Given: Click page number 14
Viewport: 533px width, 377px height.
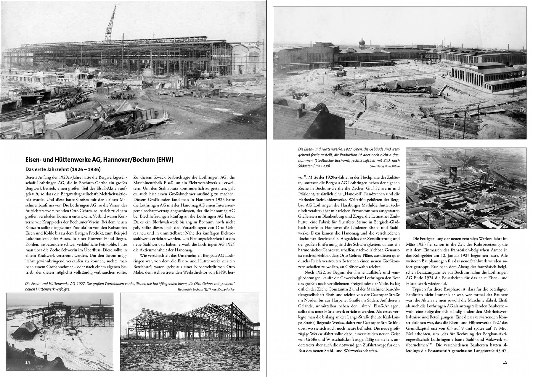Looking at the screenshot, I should pyautogui.click(x=28, y=362).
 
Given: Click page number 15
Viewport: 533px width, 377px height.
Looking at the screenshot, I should pyautogui.click(x=505, y=362).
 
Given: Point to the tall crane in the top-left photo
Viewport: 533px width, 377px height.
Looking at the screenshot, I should pyautogui.click(x=110, y=24).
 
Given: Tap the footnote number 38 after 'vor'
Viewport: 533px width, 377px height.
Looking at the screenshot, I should pyautogui.click(x=307, y=177).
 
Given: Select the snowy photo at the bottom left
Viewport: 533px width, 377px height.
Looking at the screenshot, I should pyautogui.click(x=60, y=329).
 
